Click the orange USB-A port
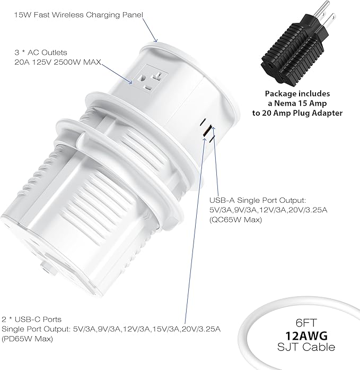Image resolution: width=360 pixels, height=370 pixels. point(206,131)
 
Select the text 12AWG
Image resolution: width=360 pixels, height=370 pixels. point(306,335)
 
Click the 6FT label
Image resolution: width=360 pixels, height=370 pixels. point(306,323)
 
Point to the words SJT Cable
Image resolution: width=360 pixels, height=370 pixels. point(306,347)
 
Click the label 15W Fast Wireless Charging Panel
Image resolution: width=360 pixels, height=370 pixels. point(78,15)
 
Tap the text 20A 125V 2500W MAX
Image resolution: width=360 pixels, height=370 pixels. point(58,62)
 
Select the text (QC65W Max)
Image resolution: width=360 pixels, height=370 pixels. point(235,220)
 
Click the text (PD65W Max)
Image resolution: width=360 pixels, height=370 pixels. point(28,339)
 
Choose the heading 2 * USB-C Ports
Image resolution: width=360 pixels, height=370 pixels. point(32,319)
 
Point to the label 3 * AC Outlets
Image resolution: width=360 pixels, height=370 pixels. point(41,53)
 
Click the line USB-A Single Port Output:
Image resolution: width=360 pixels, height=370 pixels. point(258,200)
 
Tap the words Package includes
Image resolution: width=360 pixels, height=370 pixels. point(297,93)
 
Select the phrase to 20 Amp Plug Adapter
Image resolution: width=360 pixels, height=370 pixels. point(297,113)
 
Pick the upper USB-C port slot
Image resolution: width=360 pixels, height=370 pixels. point(204,122)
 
